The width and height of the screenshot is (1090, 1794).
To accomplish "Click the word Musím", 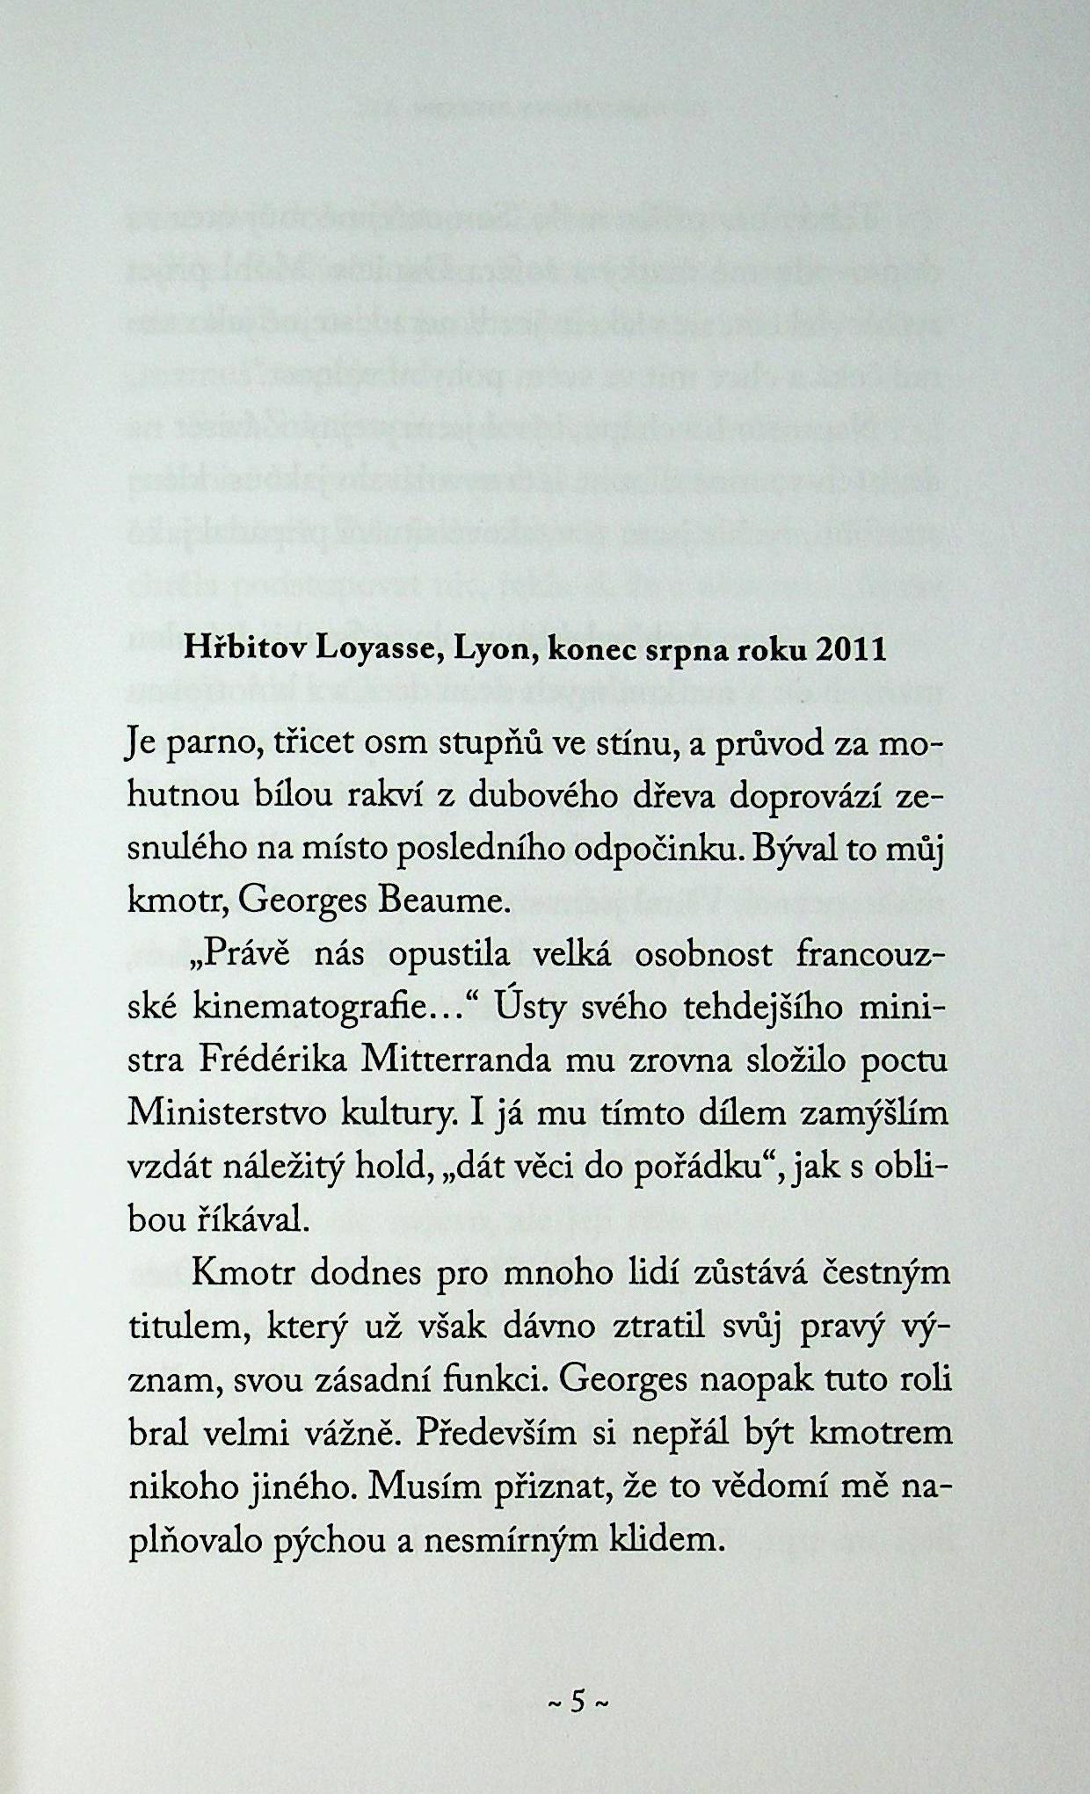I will tap(424, 1487).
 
